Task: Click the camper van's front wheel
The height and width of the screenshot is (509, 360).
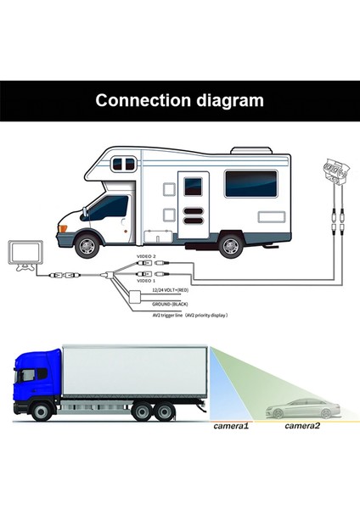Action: tap(87, 245)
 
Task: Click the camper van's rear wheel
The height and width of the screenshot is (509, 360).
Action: tap(229, 245)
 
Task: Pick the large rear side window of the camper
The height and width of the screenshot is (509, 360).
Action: tap(250, 183)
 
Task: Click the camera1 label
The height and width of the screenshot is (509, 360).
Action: tap(231, 425)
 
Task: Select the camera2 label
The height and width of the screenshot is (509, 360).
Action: tap(302, 425)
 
